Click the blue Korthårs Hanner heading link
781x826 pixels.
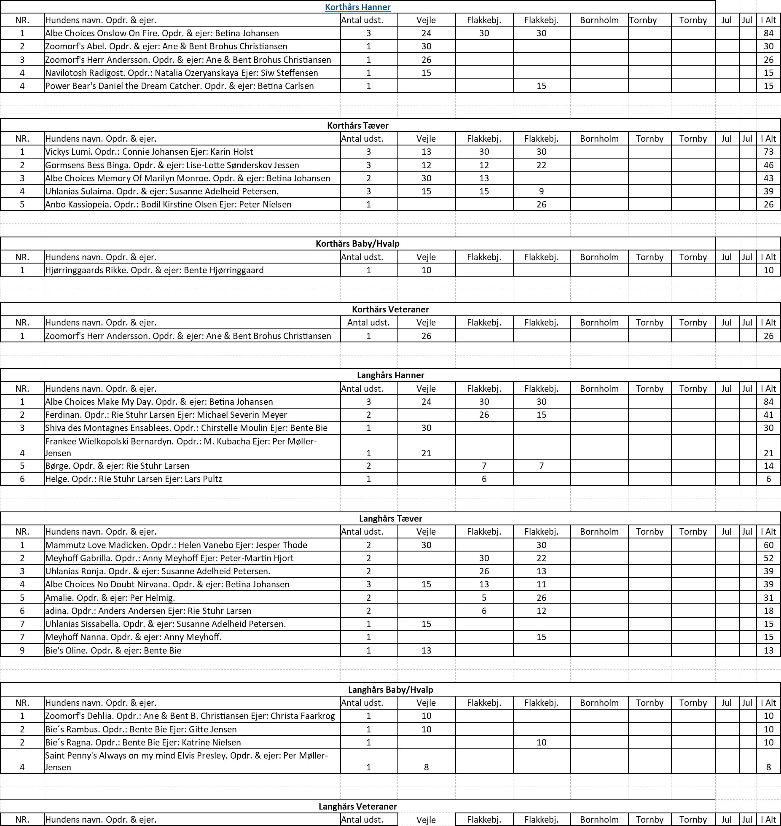[x=357, y=7]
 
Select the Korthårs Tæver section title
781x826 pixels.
[x=357, y=126]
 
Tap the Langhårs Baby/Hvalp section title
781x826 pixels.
[x=390, y=690]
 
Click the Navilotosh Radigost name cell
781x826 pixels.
[x=182, y=73]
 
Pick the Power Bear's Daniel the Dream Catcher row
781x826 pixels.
[x=180, y=86]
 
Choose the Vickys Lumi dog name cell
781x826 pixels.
[x=149, y=152]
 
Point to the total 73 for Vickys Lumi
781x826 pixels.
[x=768, y=152]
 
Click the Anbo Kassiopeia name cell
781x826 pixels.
[x=168, y=204]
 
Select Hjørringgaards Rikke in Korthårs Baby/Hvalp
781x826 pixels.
[x=154, y=270]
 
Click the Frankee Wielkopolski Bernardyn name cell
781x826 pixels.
[x=181, y=447]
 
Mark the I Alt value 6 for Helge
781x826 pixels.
[x=768, y=479]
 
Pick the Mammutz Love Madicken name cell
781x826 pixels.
[x=176, y=545]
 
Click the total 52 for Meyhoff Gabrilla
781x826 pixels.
[x=768, y=558]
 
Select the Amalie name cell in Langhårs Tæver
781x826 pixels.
[x=110, y=598]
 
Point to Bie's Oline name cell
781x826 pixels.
[x=113, y=651]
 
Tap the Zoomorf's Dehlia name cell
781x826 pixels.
[x=190, y=716]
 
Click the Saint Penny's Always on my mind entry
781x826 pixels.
[x=186, y=761]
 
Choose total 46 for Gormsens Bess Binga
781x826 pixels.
[x=768, y=165]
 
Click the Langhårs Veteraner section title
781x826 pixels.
[x=357, y=807]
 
